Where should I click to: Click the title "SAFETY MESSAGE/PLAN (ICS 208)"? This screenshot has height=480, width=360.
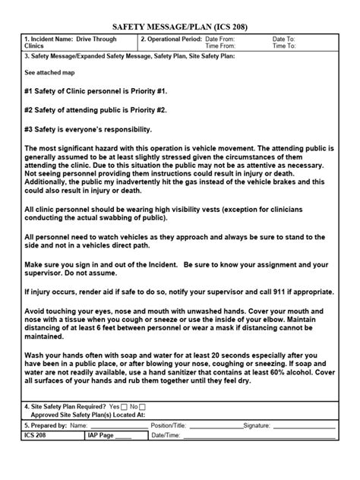click(x=180, y=26)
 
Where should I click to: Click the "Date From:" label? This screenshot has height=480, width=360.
click(x=221, y=38)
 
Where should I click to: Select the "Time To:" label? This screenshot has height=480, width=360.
click(x=283, y=46)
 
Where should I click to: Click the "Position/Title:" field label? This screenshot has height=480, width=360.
click(x=169, y=426)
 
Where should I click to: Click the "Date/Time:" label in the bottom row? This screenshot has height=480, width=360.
click(x=166, y=435)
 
